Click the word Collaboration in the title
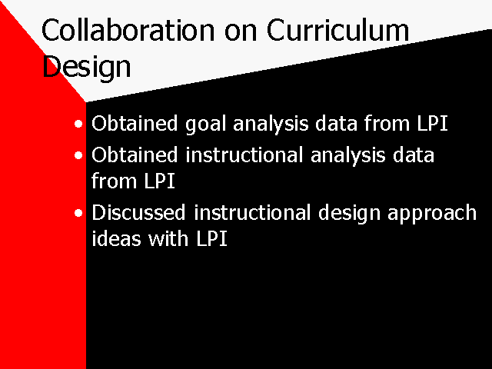(x=128, y=30)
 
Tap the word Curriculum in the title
(x=338, y=30)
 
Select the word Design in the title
(x=86, y=67)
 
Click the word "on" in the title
(x=241, y=33)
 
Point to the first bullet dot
(x=78, y=124)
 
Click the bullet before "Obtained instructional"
(x=78, y=155)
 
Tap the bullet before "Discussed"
(x=78, y=213)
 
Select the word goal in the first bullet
(x=205, y=125)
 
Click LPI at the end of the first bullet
(x=432, y=123)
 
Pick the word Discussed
(x=138, y=212)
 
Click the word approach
(x=432, y=214)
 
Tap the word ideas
(x=116, y=238)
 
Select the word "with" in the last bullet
(x=168, y=238)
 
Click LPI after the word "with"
(x=212, y=239)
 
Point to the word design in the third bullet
(x=349, y=214)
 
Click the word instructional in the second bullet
(x=244, y=155)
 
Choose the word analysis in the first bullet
(x=271, y=125)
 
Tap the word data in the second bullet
(x=414, y=155)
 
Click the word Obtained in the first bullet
(x=135, y=123)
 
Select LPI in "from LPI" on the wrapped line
(x=159, y=181)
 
